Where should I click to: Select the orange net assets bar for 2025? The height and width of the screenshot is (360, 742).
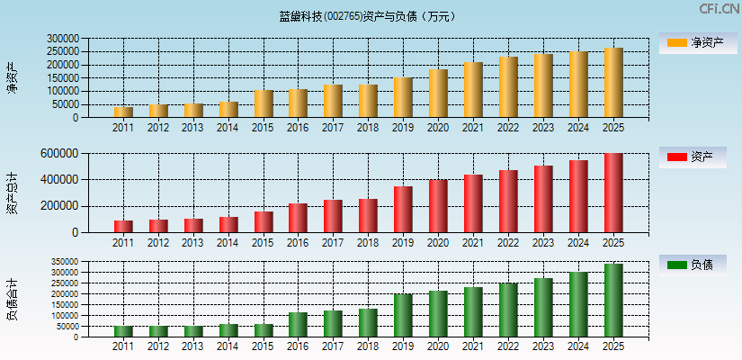[x=613, y=83]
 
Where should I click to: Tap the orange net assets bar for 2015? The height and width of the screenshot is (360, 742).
[x=264, y=103]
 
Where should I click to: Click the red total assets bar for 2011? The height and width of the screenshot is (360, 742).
[x=123, y=226]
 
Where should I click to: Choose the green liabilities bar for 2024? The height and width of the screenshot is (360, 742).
[x=578, y=304]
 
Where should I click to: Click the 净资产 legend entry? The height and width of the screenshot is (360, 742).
[x=698, y=43]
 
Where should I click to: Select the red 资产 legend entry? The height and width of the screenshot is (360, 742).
[x=698, y=157]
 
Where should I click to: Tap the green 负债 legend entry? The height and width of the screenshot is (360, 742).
[x=698, y=265]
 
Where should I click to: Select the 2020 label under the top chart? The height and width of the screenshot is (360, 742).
[x=438, y=128]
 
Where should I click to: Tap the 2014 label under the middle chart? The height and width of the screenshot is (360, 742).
[x=228, y=243]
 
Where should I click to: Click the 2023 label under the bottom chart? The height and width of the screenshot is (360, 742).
[x=543, y=346]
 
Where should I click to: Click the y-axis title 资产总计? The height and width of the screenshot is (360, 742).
[x=12, y=193]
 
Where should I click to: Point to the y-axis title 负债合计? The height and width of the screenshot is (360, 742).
[x=12, y=300]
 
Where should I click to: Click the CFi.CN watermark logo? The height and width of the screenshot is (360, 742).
[x=720, y=9]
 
